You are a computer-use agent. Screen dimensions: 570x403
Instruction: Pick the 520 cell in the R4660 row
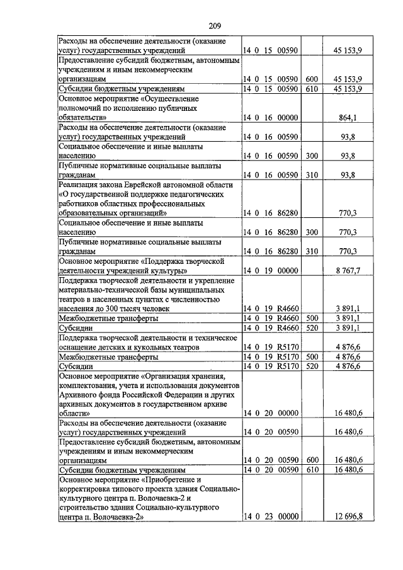[x=312, y=328]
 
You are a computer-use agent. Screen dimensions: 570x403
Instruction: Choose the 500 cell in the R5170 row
[x=312, y=356]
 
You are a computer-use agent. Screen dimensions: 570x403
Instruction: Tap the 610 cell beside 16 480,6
[x=312, y=470]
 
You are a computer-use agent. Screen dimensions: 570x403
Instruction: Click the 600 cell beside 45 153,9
[x=312, y=79]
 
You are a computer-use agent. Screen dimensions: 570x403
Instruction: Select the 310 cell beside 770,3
[x=312, y=251]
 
